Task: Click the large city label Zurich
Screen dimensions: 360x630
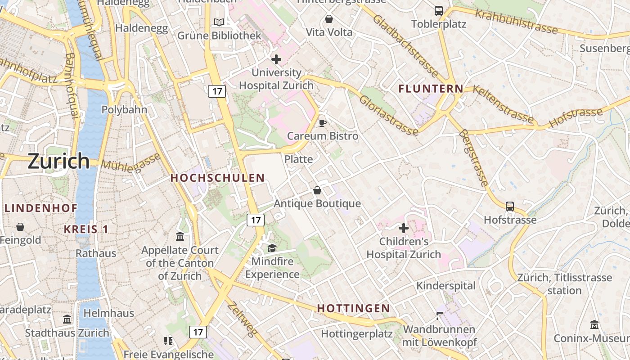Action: (59, 161)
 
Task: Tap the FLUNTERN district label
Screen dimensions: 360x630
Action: (431, 89)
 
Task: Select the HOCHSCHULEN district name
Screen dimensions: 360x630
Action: (217, 178)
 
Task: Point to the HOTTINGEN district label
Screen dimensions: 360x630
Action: (353, 308)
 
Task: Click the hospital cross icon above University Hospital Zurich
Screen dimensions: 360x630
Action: (276, 59)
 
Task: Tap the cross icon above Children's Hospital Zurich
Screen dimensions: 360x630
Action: (404, 228)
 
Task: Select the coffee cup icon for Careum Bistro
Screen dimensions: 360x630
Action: (322, 122)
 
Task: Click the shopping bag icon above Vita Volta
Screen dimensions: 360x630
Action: (329, 19)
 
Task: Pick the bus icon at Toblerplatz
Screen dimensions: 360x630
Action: (438, 10)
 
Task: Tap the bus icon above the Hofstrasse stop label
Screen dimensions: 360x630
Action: (510, 206)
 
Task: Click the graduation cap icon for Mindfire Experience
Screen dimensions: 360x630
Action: (272, 248)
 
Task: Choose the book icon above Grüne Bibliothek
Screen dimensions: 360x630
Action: (219, 22)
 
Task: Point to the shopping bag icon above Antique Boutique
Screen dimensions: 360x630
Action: (317, 190)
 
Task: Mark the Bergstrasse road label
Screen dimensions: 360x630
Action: (473, 157)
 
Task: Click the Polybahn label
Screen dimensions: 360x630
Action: (118, 110)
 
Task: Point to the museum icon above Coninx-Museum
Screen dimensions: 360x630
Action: (594, 324)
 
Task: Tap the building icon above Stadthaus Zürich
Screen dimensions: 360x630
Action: (67, 319)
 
